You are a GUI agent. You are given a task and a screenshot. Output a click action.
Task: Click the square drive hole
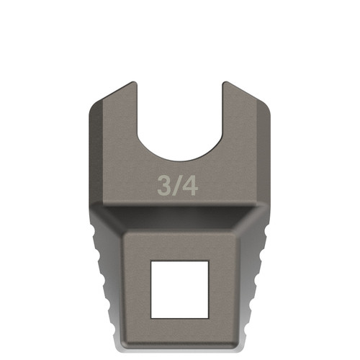[x=179, y=289]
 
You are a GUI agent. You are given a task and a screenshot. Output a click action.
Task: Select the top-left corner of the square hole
[x=151, y=261]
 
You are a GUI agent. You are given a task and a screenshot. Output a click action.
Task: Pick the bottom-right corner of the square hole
[x=208, y=317]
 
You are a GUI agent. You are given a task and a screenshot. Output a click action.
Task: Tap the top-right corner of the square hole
[x=208, y=261]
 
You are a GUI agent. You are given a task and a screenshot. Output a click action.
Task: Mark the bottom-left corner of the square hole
[x=151, y=317]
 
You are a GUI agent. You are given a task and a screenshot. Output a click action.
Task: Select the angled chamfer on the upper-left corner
[x=108, y=97]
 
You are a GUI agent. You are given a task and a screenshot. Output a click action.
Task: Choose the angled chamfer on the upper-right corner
[x=252, y=97]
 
